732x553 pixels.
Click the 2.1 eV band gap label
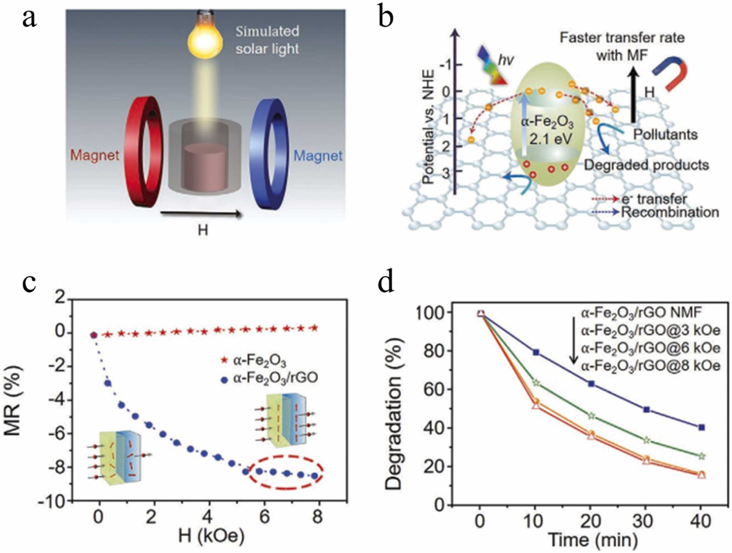pyautogui.click(x=550, y=139)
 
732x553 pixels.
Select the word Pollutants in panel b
pyautogui.click(x=665, y=135)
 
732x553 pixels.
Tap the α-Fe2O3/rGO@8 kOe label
pyautogui.click(x=651, y=366)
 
